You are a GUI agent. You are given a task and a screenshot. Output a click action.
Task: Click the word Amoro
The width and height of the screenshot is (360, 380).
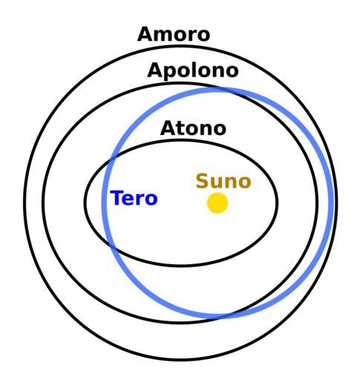[174, 34]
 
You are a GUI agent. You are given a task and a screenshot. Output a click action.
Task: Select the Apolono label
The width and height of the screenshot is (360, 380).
[193, 71]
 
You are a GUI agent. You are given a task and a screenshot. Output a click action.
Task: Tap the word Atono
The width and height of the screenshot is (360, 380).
[193, 128]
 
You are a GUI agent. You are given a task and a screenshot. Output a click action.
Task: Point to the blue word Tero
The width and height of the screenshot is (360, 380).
[134, 198]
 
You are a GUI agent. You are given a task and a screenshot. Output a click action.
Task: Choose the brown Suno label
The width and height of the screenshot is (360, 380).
[223, 181]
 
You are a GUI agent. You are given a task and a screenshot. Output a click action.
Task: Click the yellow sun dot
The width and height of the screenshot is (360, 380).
[217, 203]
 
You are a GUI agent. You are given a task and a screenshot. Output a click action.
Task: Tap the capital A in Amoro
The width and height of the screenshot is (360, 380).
[145, 34]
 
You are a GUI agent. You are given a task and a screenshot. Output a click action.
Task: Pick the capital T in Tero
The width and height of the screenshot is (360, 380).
[117, 197]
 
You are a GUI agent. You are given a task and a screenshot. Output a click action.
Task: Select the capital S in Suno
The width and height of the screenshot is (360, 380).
[202, 181]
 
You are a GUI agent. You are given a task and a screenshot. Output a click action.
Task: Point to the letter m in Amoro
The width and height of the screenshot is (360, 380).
[166, 36]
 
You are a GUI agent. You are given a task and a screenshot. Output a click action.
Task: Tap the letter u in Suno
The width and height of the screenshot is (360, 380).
[217, 183]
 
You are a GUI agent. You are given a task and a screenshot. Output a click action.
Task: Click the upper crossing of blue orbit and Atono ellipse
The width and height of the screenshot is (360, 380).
[113, 159]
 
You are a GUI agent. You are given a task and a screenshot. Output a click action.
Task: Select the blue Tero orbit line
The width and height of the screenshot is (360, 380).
[102, 203]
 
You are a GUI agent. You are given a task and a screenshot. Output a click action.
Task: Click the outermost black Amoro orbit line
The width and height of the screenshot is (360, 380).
[24, 203]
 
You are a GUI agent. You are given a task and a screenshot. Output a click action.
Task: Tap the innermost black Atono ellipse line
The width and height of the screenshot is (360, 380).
[85, 203]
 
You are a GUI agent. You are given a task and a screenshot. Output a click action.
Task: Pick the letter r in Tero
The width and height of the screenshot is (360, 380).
[140, 200]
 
